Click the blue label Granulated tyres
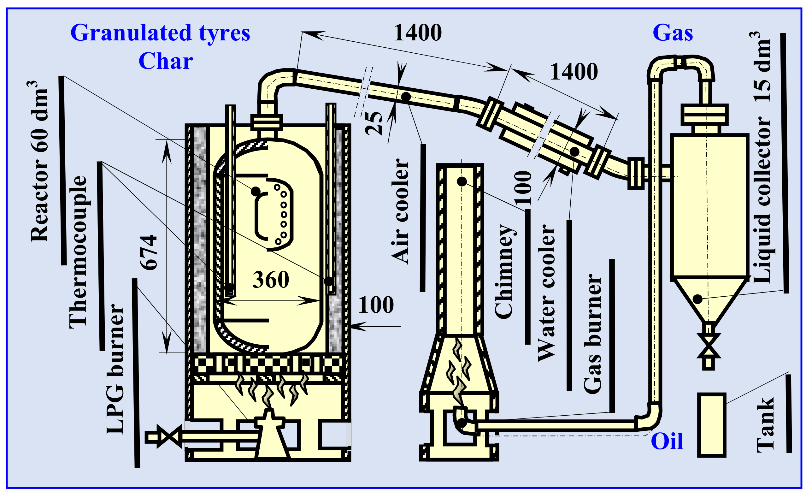tap(160, 33)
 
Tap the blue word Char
tap(165, 62)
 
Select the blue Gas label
tap(673, 33)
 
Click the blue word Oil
tap(667, 442)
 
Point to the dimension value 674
tap(148, 252)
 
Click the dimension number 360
tap(271, 280)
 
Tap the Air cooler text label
tap(400, 211)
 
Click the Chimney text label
tap(504, 272)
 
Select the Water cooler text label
tap(547, 293)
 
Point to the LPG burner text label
tap(115, 369)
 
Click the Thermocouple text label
tap(78, 252)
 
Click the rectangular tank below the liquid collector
tap(711, 425)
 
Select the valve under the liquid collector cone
tap(709, 346)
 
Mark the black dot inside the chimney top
tap(462, 181)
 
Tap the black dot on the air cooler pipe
tap(406, 97)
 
